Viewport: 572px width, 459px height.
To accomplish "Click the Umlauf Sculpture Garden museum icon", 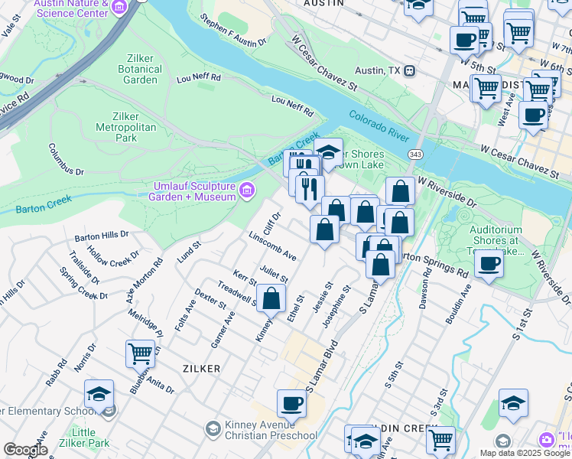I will coord(246,190).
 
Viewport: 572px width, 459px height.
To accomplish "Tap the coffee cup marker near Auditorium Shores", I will coord(489,264).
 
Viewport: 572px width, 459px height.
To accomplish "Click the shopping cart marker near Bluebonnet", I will coord(141,353).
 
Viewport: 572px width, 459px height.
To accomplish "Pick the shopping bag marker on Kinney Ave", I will coord(271,299).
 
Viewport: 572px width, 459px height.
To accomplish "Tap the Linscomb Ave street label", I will coord(272,244).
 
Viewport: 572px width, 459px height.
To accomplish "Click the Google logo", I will coord(25,450).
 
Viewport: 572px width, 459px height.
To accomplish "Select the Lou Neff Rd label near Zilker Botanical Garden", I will coord(199,78).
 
